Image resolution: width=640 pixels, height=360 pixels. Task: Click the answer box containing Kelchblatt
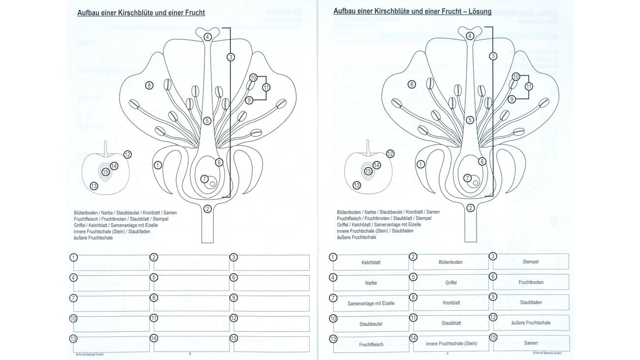[371, 262]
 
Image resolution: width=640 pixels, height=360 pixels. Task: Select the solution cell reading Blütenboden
[450, 262]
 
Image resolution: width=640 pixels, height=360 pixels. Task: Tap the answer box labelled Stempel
[530, 262]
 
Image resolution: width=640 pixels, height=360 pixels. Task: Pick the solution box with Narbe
[371, 283]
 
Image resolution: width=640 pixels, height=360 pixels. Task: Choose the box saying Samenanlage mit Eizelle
[371, 303]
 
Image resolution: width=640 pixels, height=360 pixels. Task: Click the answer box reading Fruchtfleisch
[371, 344]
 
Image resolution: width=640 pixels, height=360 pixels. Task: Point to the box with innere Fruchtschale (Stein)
[451, 343]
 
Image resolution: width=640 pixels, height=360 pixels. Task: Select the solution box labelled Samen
[530, 343]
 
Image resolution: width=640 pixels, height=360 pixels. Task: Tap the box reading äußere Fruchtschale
[530, 323]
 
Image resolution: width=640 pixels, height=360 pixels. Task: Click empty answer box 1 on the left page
[112, 262]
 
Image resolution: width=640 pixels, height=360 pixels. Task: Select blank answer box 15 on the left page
[271, 344]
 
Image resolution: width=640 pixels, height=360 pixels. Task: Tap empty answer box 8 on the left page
[192, 303]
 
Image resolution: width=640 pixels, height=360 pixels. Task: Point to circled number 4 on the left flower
[208, 37]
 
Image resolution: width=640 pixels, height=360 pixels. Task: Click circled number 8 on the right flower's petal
[412, 85]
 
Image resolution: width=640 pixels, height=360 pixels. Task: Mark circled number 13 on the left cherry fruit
[94, 186]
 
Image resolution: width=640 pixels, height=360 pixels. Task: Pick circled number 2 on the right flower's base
[470, 208]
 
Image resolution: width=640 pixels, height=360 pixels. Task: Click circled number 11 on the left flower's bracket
[266, 88]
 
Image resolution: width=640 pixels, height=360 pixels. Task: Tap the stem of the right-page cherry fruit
[368, 146]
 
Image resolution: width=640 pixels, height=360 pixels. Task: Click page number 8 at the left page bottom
[190, 353]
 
